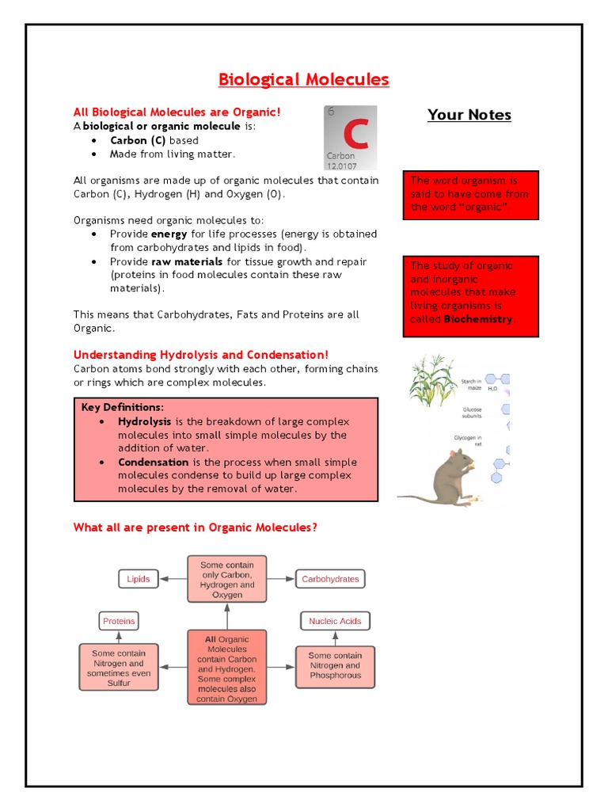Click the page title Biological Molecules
[x=304, y=79]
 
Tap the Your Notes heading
[x=469, y=115]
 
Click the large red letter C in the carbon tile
[x=355, y=135]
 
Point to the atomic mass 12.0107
[x=341, y=166]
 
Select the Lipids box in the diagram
[x=139, y=579]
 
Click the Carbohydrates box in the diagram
[x=330, y=579]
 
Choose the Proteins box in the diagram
[x=119, y=621]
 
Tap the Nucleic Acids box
[x=335, y=621]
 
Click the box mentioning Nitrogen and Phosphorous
[x=335, y=665]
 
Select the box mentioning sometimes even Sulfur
[x=119, y=667]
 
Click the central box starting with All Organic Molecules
[x=227, y=667]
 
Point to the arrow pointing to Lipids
[x=172, y=579]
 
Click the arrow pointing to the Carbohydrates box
[x=280, y=579]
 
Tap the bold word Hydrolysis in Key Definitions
[x=144, y=421]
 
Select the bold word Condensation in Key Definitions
[x=154, y=462]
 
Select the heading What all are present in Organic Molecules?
[x=195, y=527]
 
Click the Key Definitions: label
[x=123, y=407]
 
